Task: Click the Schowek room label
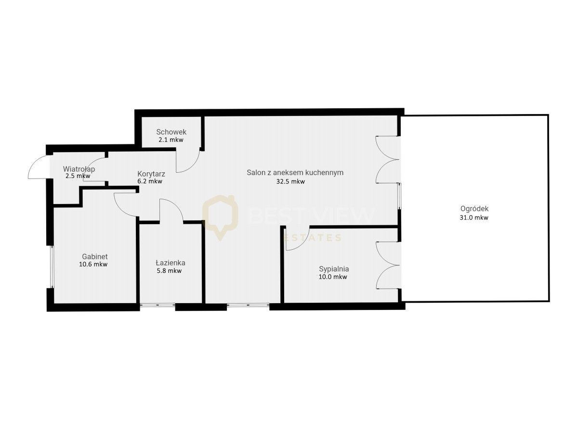click(171, 132)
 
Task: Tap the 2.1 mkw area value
click(171, 140)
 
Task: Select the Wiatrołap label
click(79, 169)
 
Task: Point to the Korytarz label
click(151, 174)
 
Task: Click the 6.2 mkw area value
click(150, 181)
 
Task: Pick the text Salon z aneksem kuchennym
click(295, 172)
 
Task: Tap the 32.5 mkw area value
click(290, 181)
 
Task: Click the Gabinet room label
click(94, 256)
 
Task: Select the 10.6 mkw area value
click(93, 264)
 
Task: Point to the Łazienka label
click(171, 263)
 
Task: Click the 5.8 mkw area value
click(169, 270)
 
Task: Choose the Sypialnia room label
click(334, 269)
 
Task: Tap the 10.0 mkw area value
click(333, 277)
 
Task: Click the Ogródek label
click(474, 209)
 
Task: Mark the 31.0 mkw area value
click(474, 218)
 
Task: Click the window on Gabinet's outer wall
click(53, 267)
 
